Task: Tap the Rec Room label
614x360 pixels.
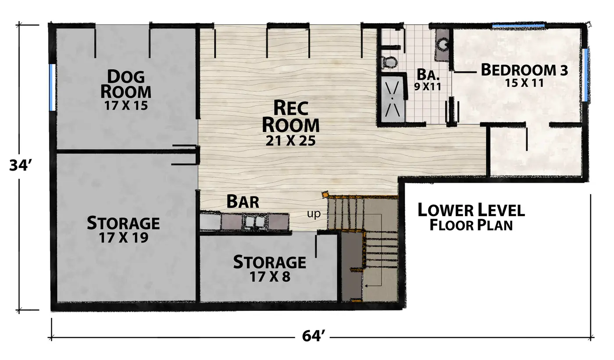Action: click(x=291, y=116)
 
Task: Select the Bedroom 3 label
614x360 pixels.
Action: click(x=525, y=70)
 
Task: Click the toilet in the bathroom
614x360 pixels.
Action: click(x=389, y=62)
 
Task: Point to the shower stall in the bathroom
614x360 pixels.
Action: click(x=392, y=99)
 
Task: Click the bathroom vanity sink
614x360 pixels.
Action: click(x=442, y=43)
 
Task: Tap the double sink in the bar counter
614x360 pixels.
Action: click(x=255, y=221)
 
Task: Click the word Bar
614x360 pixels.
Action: click(x=243, y=201)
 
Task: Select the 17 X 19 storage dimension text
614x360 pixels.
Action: click(x=123, y=238)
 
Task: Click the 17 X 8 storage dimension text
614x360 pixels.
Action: click(x=270, y=277)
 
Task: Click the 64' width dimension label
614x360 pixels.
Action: click(x=314, y=336)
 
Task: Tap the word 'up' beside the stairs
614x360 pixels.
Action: click(x=314, y=214)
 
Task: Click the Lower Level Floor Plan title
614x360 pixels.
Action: click(x=471, y=217)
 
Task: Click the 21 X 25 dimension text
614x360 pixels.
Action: click(x=290, y=141)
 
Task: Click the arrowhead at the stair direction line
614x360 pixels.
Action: click(x=366, y=286)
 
